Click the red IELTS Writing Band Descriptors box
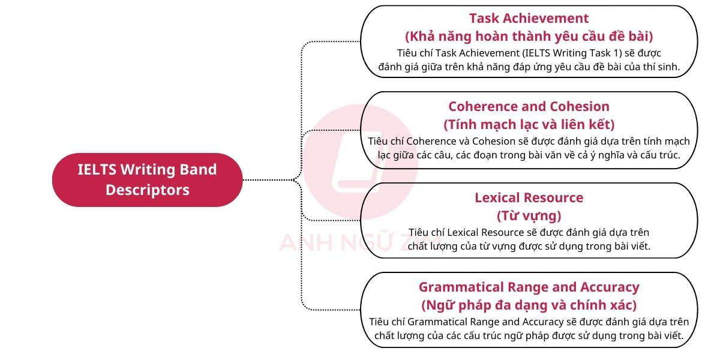coord(147,179)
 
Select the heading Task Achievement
coord(529,18)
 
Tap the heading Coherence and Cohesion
coord(529,106)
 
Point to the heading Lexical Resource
coord(529,197)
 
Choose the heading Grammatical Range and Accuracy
coord(529,287)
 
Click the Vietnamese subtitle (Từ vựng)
coord(529,215)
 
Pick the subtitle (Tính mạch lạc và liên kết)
coord(529,125)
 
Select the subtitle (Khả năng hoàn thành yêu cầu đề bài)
coord(529,35)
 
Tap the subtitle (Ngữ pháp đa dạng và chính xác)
coord(529,305)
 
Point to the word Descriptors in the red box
coord(148,190)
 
